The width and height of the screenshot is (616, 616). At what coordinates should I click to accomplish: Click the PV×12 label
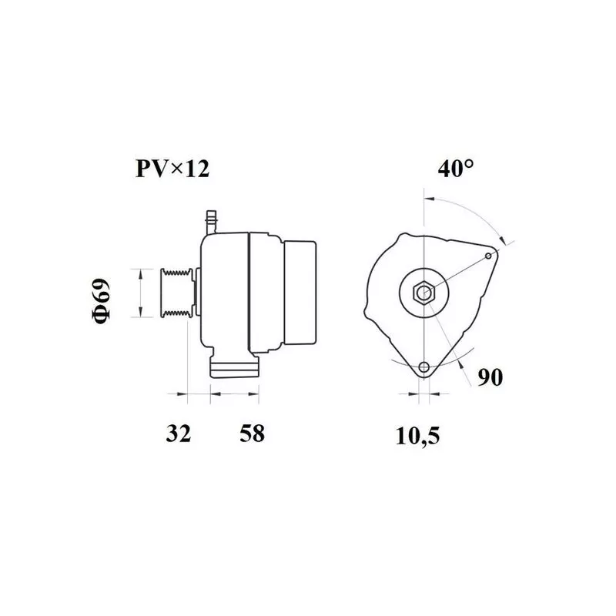[172, 169]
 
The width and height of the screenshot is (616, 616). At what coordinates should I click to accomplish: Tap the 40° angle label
[456, 169]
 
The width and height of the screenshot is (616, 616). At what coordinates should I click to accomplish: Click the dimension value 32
[179, 434]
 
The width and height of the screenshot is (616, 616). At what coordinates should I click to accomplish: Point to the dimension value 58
[253, 434]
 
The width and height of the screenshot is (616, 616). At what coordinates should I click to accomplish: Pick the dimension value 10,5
[417, 436]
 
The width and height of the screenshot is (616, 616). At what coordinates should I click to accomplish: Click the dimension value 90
[490, 377]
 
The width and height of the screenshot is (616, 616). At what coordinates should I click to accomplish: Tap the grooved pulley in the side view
[177, 293]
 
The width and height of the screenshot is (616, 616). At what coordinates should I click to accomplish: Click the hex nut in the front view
[424, 293]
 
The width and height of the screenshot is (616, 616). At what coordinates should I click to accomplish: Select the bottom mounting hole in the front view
[424, 367]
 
